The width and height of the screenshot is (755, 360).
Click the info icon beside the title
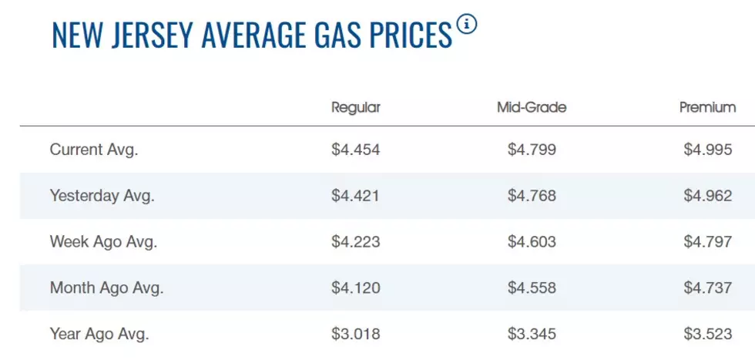(x=467, y=25)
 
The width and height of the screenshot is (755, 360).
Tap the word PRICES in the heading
(x=413, y=35)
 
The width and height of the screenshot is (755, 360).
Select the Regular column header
(x=356, y=107)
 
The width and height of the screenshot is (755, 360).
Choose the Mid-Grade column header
(x=532, y=107)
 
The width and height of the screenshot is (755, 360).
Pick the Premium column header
(x=708, y=107)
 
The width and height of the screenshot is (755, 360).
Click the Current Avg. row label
(x=94, y=150)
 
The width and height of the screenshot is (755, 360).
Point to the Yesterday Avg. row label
(x=102, y=196)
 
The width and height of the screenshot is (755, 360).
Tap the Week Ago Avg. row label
(x=103, y=241)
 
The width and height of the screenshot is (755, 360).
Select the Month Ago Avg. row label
(x=107, y=288)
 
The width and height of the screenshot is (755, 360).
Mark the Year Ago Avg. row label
(x=99, y=334)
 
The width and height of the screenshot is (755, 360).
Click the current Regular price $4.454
(x=356, y=150)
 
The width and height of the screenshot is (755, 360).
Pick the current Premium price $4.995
(x=708, y=150)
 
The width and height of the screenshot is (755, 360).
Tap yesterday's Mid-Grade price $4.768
(x=532, y=196)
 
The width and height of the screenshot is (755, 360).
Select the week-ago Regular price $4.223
(x=356, y=241)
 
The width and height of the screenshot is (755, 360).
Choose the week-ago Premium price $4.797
(x=708, y=241)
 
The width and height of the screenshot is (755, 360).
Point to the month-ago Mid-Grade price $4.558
(x=532, y=288)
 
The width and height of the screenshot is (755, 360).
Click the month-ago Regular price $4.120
(x=356, y=288)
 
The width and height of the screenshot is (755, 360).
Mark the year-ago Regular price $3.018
(x=356, y=334)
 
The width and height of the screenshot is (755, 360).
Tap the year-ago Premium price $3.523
(x=708, y=334)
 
